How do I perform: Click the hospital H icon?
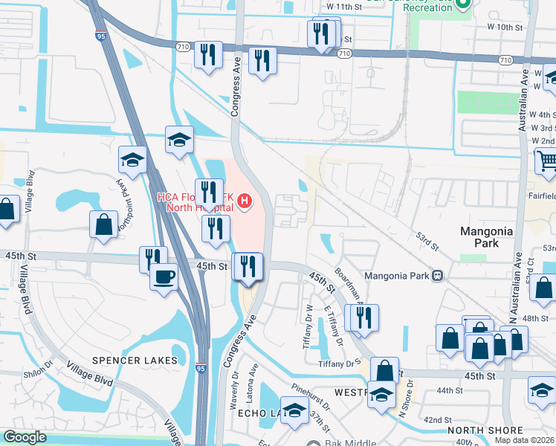click(x=244, y=201)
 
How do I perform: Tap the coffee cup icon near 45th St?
click(x=164, y=277)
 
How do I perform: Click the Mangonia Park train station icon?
click(x=437, y=276)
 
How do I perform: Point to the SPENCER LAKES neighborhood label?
click(x=135, y=361)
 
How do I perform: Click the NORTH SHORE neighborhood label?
click(x=485, y=430)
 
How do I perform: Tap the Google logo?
click(x=25, y=437)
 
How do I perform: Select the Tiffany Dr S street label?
click(x=340, y=364)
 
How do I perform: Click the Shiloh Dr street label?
click(x=39, y=374)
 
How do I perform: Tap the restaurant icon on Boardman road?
click(x=362, y=317)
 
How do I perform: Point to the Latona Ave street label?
click(x=253, y=380)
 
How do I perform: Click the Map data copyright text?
click(x=524, y=440)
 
